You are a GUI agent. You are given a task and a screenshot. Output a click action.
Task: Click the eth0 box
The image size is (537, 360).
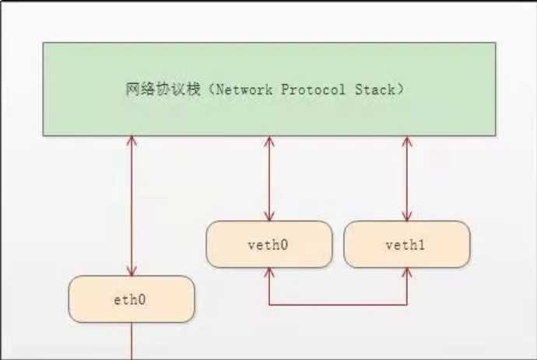click(131, 299)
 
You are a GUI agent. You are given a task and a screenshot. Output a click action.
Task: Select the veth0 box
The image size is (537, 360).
click(268, 244)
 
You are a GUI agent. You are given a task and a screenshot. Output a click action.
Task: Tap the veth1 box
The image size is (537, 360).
click(406, 244)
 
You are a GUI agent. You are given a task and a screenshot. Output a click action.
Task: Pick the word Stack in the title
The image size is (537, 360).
click(375, 89)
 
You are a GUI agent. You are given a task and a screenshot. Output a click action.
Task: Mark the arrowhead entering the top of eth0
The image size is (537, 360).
click(132, 271)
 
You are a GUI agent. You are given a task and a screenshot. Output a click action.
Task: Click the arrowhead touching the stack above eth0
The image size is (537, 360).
click(132, 142)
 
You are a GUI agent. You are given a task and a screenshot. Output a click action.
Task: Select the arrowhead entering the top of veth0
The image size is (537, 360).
click(269, 216)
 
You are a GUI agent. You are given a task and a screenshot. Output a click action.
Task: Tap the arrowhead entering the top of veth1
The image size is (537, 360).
click(406, 216)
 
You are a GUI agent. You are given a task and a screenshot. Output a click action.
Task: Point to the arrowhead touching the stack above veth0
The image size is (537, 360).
click(269, 142)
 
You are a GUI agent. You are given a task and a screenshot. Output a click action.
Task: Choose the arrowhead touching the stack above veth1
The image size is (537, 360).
click(406, 142)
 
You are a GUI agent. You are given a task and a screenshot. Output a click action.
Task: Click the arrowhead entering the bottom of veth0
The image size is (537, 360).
click(269, 272)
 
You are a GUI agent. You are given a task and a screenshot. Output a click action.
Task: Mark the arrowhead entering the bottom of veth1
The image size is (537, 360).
click(406, 272)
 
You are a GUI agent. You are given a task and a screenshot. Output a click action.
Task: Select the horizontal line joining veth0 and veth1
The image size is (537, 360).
click(338, 304)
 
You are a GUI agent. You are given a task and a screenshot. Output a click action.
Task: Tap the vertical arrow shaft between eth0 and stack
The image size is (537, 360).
click(132, 206)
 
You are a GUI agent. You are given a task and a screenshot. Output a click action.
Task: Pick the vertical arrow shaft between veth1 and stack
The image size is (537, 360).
click(406, 179)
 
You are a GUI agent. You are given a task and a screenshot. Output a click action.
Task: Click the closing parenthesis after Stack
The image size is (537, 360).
click(400, 89)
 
